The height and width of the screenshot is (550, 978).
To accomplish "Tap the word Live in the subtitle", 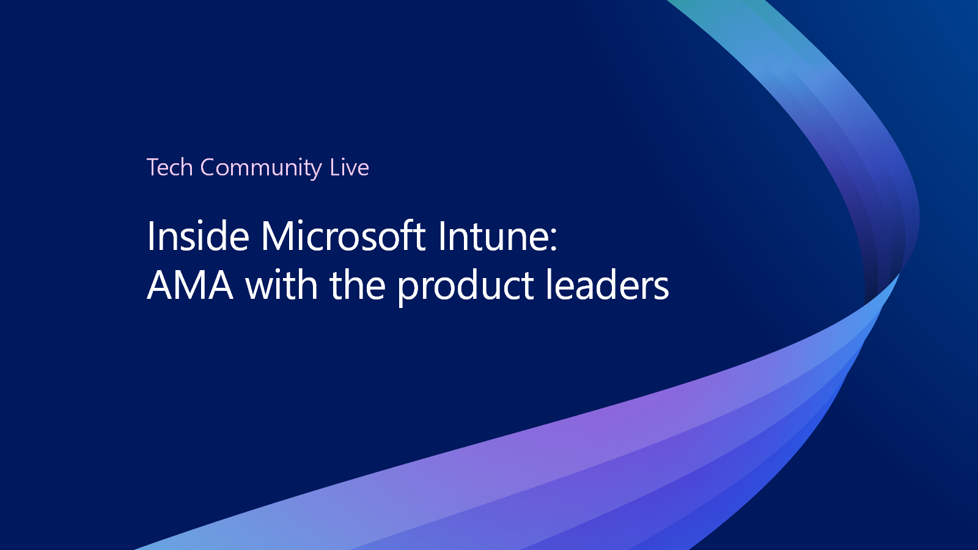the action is [349, 167].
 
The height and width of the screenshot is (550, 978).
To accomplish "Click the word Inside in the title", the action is [198, 236].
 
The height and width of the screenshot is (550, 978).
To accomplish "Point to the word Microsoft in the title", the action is [343, 236].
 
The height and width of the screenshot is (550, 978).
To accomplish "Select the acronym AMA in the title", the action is [190, 285].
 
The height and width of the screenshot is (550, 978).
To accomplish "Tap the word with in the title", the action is [281, 284].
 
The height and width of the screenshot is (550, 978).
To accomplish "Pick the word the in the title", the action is [358, 285].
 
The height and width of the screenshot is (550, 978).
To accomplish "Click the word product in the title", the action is [466, 287].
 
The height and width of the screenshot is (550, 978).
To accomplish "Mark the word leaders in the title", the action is [608, 284].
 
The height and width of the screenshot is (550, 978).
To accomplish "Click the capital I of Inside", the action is [150, 236].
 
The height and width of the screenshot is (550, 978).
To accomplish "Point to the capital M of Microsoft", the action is [279, 236].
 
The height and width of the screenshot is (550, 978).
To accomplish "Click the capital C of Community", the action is [208, 167].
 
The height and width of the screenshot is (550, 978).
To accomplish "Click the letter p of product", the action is [409, 291].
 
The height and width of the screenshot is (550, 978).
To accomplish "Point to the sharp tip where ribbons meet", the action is [900, 274].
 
